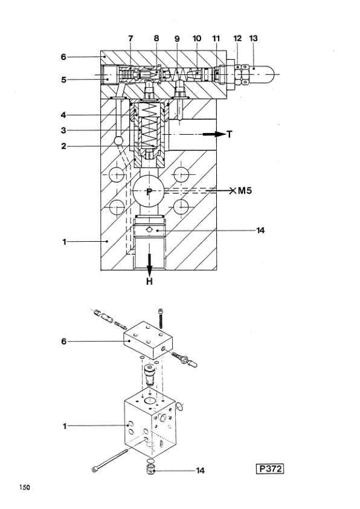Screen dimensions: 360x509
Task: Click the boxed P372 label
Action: click(x=270, y=468)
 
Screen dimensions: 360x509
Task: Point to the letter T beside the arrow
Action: click(x=230, y=134)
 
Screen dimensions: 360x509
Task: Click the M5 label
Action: click(x=245, y=190)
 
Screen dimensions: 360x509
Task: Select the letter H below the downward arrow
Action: click(x=149, y=281)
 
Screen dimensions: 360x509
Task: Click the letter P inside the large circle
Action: click(x=149, y=192)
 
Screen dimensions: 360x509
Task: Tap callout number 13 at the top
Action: click(x=253, y=38)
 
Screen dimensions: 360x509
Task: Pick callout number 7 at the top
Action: click(x=130, y=38)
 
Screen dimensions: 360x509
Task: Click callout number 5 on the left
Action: click(x=64, y=80)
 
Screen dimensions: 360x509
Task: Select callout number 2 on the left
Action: click(x=64, y=146)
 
